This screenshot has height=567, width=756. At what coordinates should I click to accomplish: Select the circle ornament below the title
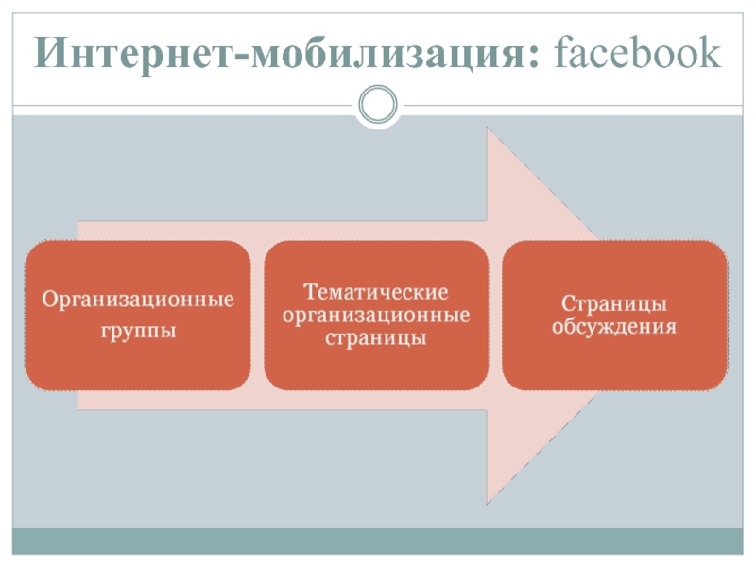coord(378,105)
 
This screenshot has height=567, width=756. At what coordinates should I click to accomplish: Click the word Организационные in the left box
coord(138,301)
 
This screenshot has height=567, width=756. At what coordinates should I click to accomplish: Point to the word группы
coord(138,333)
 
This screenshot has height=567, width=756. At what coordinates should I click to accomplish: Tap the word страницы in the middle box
coord(376,336)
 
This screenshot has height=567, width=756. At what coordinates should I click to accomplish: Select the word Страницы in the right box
coord(614,304)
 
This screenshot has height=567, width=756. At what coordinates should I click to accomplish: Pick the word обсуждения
coord(614,328)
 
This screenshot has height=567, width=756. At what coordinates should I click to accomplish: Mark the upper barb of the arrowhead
coord(489,132)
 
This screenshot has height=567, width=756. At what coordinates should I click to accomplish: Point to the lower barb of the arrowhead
coord(489,500)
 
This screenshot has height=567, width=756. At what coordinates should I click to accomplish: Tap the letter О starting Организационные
coord(45,301)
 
